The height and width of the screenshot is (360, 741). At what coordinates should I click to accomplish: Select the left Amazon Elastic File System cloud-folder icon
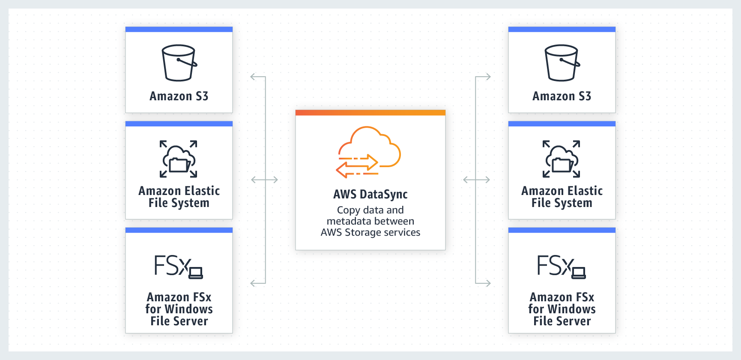tap(179, 159)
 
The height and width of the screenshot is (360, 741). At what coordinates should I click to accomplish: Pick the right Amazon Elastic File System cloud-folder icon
tap(562, 159)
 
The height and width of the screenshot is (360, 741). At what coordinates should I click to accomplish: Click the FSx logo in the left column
tap(178, 267)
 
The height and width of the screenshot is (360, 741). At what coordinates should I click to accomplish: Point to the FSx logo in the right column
tap(561, 267)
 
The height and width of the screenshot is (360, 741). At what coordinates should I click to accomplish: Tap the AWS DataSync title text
tap(370, 194)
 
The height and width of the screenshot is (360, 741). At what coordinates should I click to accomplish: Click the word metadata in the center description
tap(346, 221)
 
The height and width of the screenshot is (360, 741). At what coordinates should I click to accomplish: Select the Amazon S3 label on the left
tap(179, 96)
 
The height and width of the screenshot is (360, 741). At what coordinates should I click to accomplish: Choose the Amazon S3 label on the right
tap(562, 96)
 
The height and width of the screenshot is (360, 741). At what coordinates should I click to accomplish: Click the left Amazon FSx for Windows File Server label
tap(179, 309)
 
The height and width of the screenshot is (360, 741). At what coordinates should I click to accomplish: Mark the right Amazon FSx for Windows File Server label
tap(562, 309)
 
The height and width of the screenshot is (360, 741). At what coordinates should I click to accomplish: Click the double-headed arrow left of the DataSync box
tap(264, 180)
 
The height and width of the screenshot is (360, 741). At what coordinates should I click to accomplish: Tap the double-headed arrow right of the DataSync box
tap(476, 180)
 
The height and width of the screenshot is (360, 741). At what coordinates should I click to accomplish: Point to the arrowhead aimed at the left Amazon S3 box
tap(252, 77)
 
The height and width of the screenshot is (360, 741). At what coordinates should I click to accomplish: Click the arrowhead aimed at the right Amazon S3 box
tap(488, 77)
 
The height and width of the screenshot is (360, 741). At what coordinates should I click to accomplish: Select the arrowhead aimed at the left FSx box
tap(252, 283)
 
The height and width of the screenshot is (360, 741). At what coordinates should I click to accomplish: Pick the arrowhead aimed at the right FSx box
tap(488, 283)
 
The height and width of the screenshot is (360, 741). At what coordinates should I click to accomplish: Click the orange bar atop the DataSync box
tap(370, 113)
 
